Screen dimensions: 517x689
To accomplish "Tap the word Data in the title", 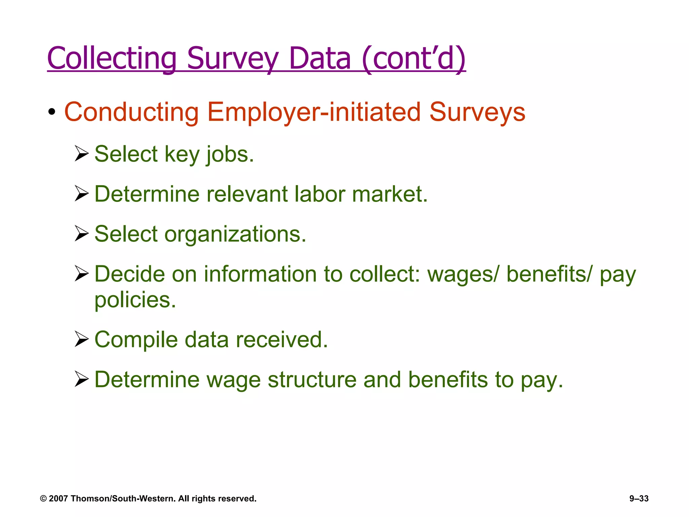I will [320, 59].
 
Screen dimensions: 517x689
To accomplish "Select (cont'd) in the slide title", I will [414, 59].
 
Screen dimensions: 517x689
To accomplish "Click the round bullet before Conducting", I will [51, 112].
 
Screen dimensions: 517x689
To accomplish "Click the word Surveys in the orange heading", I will [477, 112].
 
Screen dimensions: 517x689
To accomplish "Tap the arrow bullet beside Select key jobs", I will [81, 154].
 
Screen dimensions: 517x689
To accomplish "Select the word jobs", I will [230, 154].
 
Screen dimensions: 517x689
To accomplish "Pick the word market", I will [390, 194].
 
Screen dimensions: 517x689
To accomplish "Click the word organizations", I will [235, 234].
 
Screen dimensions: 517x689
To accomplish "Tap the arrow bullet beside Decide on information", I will [81, 273].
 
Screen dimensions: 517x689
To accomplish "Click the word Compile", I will [136, 340].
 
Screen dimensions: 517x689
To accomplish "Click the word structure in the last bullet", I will [312, 380].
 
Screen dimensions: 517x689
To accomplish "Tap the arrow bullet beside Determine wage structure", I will [81, 379].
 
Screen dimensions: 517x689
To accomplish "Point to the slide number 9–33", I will [639, 498].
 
